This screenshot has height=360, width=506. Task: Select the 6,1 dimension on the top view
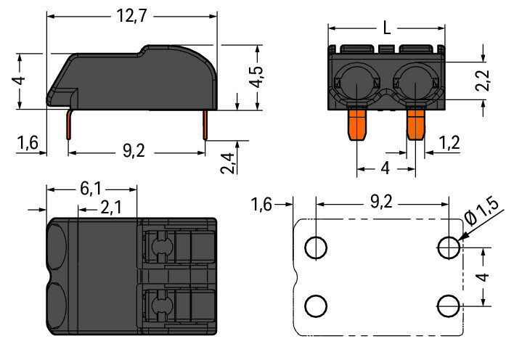[90, 189]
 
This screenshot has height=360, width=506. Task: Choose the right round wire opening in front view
[415, 83]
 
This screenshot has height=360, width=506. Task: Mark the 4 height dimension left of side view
[22, 81]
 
